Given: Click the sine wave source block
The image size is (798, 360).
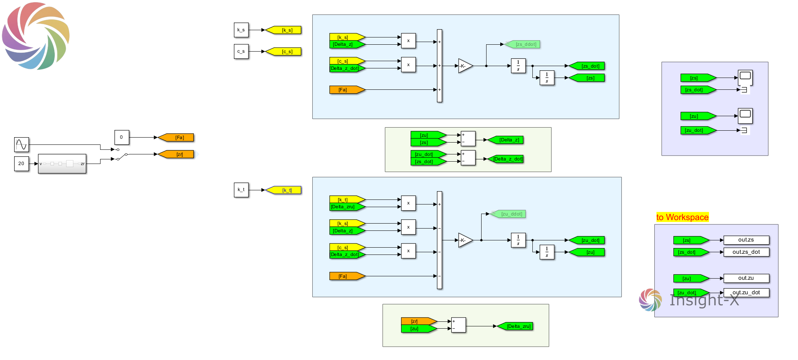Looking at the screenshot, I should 21,144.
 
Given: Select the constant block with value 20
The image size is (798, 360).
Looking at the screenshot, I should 21,164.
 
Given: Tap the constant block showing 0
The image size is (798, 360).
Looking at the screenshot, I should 122,137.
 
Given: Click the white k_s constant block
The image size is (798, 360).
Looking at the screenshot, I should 241,30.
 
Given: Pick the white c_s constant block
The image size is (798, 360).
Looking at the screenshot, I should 241,51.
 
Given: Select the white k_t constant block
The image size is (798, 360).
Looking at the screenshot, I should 241,190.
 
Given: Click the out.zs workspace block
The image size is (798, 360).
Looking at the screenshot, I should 746,240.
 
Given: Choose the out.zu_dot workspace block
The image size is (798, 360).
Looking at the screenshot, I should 746,293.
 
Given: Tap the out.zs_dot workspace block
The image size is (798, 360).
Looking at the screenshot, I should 746,252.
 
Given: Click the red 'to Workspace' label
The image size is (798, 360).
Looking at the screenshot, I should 682,217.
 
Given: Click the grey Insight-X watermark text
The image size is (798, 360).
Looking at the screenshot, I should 704,300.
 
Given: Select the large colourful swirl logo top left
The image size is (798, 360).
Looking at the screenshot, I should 36,36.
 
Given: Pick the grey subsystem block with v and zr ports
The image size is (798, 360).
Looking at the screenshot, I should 62,164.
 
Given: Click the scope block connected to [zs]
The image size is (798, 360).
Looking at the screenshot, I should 745,77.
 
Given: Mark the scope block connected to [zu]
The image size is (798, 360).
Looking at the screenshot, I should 745,116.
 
